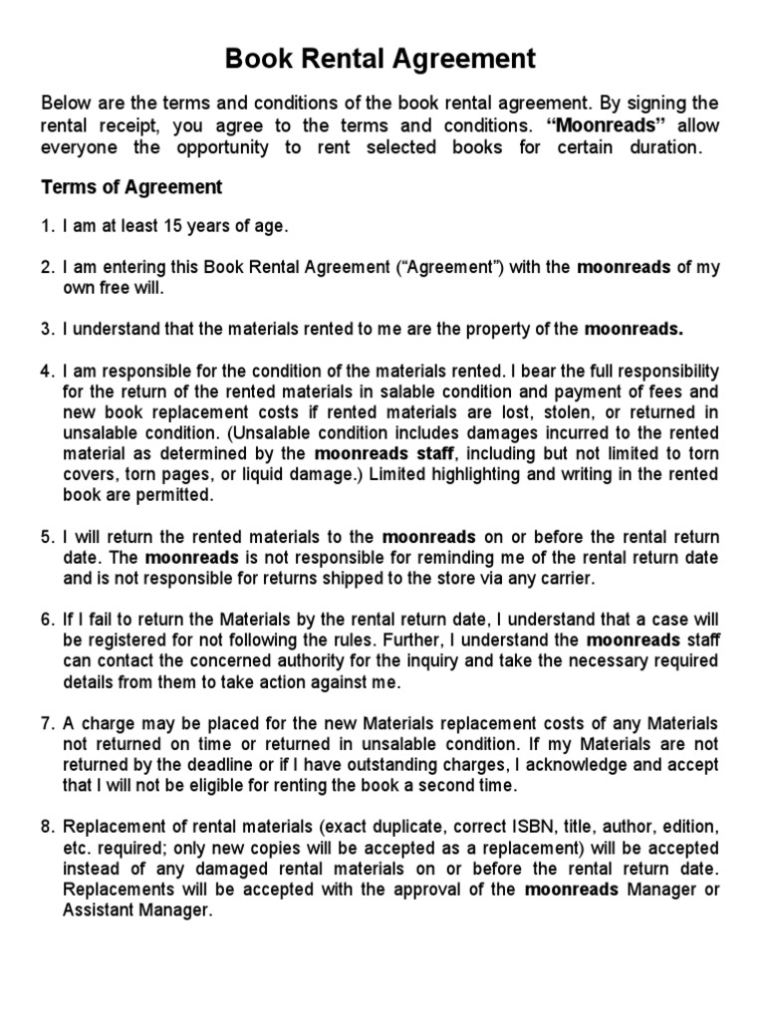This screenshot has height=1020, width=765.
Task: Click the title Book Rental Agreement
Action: click(381, 60)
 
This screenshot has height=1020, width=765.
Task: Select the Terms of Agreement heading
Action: click(130, 187)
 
